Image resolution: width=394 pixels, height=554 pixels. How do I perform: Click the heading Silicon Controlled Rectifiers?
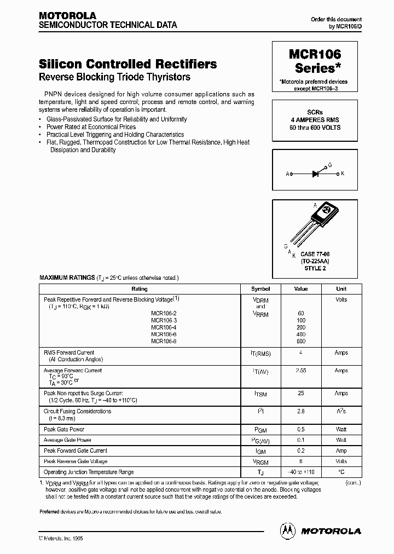[128, 64]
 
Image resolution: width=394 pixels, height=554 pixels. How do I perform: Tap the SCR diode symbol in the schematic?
[315, 174]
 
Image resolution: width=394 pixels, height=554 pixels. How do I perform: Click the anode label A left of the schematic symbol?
[287, 174]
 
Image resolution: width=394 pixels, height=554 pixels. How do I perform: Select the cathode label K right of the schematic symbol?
[343, 174]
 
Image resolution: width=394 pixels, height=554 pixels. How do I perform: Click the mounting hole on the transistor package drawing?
[327, 210]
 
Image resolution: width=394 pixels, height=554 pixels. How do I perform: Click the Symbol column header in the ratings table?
[260, 289]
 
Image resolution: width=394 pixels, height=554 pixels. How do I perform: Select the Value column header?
[300, 289]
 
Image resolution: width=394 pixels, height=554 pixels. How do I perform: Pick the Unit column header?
[341, 289]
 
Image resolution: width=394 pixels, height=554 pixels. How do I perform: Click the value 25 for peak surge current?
[300, 394]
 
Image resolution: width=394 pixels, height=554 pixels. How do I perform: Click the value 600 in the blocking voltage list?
[300, 341]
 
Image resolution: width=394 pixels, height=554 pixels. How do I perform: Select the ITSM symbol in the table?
[260, 394]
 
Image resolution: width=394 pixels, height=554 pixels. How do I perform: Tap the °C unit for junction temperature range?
[341, 471]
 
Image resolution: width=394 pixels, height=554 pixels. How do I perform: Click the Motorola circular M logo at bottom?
[287, 530]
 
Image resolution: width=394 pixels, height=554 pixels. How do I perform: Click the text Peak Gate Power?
[64, 430]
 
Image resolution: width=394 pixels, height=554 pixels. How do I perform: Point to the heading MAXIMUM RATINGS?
[67, 278]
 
